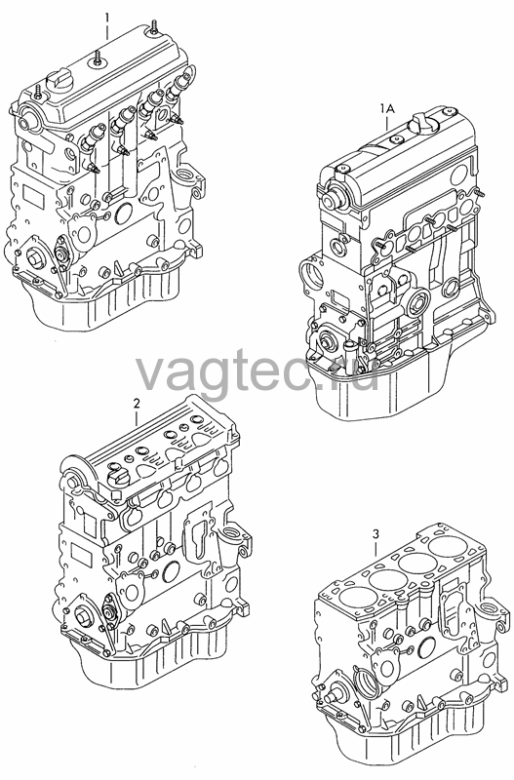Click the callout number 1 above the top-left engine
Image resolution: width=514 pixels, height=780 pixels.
106,19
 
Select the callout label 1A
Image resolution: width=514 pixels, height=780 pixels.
387,109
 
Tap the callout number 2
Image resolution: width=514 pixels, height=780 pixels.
137,404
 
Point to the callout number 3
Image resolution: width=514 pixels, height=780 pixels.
376,534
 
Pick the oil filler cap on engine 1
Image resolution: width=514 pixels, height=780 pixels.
58,80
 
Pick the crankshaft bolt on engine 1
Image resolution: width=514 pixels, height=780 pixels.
37,258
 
